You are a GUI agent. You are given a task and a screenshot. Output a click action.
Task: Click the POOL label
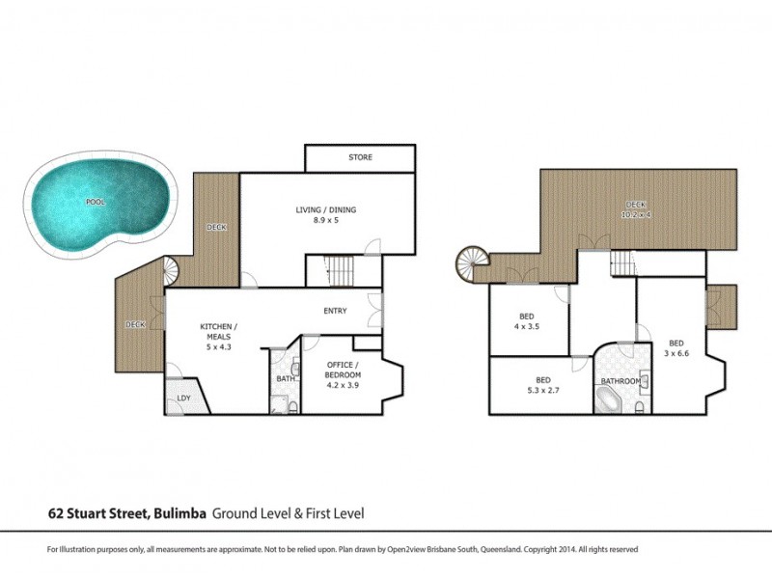(x=95, y=203)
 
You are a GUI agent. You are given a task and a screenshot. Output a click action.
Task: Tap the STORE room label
(x=360, y=157)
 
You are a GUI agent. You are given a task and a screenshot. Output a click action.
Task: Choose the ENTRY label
(x=334, y=311)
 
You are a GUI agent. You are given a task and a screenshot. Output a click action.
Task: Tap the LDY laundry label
(x=182, y=398)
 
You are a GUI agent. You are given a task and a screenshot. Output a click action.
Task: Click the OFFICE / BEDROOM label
(x=343, y=369)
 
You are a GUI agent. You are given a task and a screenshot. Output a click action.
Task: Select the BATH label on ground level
(x=285, y=379)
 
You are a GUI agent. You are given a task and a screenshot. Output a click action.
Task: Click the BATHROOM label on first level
(x=620, y=381)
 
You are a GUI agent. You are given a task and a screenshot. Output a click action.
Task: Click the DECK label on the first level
(x=635, y=205)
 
